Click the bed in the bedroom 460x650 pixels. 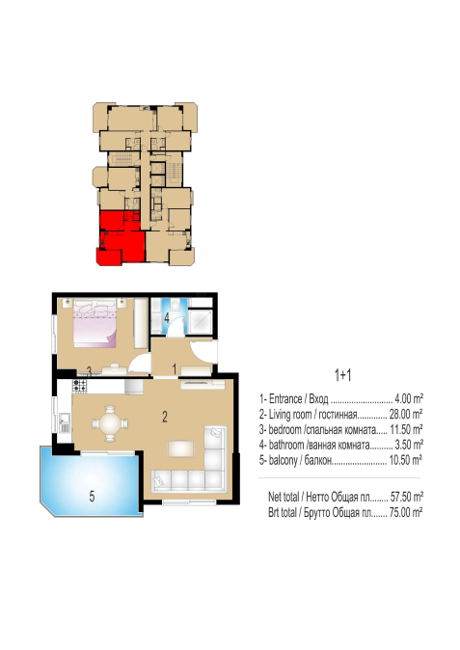click(x=95, y=323)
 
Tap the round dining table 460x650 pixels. click(x=110, y=423)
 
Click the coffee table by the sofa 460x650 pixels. click(x=180, y=448)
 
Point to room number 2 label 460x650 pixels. click(x=165, y=417)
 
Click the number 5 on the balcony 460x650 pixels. click(x=92, y=496)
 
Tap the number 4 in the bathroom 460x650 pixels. click(x=167, y=318)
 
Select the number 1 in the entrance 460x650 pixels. click(x=175, y=368)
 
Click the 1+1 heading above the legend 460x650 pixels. click(x=342, y=375)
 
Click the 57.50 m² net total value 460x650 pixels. click(x=407, y=497)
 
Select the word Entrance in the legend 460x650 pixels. click(x=285, y=399)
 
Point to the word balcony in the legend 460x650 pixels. click(x=284, y=460)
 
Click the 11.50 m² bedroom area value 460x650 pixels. click(x=406, y=429)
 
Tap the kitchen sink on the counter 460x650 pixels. click(x=64, y=422)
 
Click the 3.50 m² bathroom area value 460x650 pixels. click(x=409, y=445)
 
